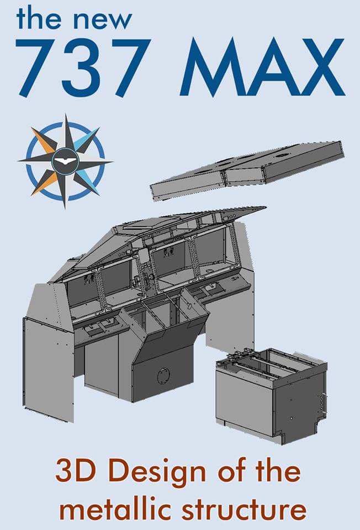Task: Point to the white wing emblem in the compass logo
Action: coord(65,160)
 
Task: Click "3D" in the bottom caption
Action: coord(76,473)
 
